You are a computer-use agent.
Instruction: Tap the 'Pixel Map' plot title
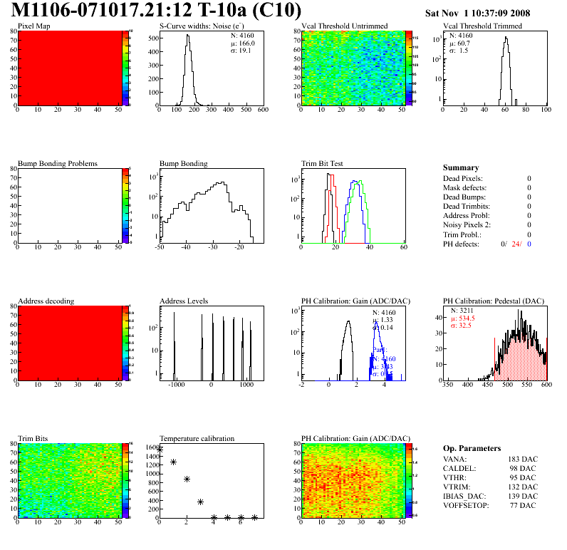point(34,26)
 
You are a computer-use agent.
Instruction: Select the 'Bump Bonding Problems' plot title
point(58,164)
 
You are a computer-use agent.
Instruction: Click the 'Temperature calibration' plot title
point(197,439)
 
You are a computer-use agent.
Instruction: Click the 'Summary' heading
point(461,168)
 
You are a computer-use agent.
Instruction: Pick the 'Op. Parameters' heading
point(472,448)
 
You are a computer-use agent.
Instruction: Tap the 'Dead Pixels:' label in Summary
point(463,179)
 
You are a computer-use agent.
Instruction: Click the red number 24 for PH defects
point(516,244)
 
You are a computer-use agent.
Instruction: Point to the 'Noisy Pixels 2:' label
point(469,225)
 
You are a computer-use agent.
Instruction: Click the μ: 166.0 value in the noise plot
point(242,43)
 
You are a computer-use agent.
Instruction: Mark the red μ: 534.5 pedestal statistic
point(462,318)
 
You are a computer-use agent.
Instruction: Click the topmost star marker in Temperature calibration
point(160,450)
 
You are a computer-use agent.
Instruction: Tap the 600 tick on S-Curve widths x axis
point(262,110)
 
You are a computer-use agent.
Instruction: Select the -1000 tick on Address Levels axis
point(176,385)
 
